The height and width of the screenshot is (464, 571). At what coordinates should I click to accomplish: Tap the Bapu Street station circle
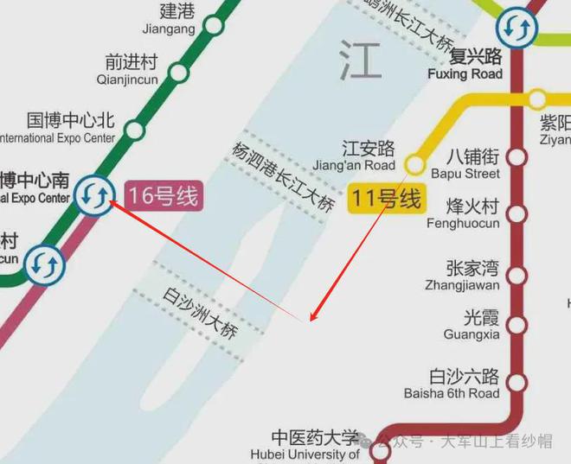(518, 157)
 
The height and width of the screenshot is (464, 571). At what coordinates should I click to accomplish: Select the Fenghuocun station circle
(518, 213)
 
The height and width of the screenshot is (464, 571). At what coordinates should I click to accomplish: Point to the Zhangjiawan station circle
(518, 276)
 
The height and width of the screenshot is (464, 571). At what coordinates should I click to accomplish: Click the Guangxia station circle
(518, 325)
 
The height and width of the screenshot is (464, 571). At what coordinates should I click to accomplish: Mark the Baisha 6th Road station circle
(518, 382)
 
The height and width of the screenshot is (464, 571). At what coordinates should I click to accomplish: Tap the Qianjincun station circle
(179, 73)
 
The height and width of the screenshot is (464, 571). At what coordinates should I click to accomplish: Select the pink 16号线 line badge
(164, 196)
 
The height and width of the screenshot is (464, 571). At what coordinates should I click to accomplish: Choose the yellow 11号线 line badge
(386, 199)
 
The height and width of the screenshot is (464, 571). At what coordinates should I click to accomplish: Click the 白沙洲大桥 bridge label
(200, 313)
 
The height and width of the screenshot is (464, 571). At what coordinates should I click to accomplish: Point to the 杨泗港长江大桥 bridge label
(282, 175)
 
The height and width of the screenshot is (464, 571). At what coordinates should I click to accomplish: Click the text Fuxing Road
(465, 74)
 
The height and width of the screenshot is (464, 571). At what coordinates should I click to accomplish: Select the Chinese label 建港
(178, 12)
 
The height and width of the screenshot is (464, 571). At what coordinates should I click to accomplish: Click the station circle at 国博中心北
(134, 130)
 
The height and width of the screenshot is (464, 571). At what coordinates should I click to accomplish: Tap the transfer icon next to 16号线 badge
(93, 195)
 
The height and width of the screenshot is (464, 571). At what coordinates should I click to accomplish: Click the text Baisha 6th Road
(464, 394)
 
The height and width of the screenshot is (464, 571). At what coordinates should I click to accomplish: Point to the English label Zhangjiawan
(462, 285)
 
